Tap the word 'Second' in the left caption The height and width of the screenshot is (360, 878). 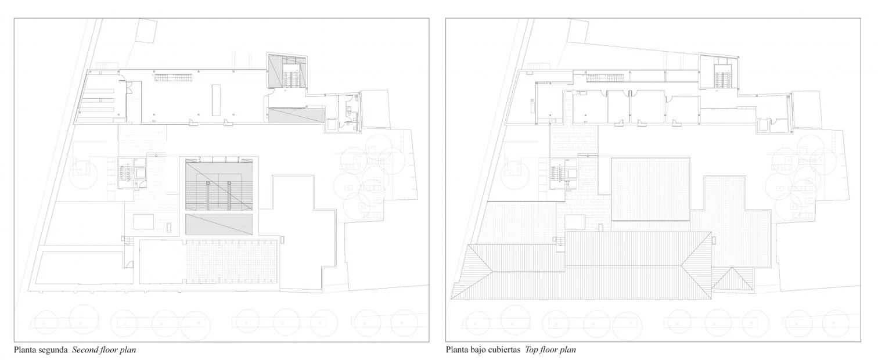coord(85,350)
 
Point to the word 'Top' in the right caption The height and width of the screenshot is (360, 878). coord(532,350)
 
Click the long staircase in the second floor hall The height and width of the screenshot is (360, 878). coord(173,78)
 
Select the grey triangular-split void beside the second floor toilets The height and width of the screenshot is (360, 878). coord(297,115)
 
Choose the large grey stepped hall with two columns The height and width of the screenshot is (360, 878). coord(219,185)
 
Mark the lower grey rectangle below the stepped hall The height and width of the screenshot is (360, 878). coord(219,225)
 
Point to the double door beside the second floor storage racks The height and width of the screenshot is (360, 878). coord(128,87)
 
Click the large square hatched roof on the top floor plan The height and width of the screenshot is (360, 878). coord(650,189)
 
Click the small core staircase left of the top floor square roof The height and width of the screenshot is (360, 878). coord(557,173)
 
